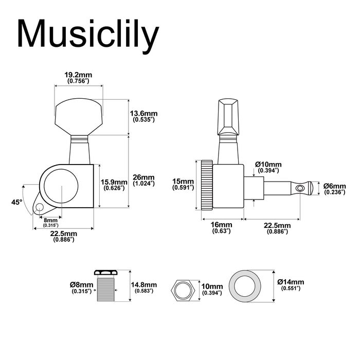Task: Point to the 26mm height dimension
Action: point(143,180)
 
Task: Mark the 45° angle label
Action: point(17,203)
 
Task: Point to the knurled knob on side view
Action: point(207,185)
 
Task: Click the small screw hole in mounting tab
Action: point(38,208)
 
